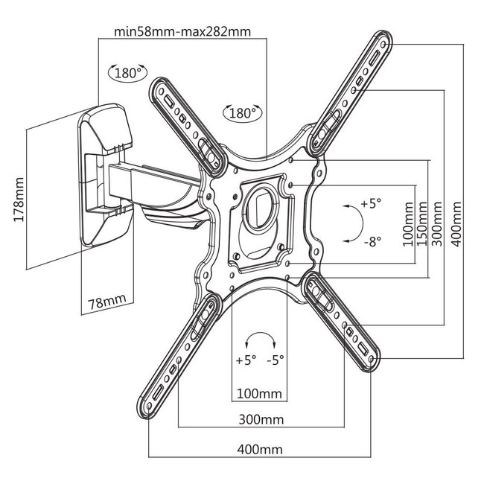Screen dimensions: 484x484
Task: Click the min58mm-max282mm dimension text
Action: tap(182, 32)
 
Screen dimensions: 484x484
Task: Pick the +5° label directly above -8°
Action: tap(371, 203)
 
